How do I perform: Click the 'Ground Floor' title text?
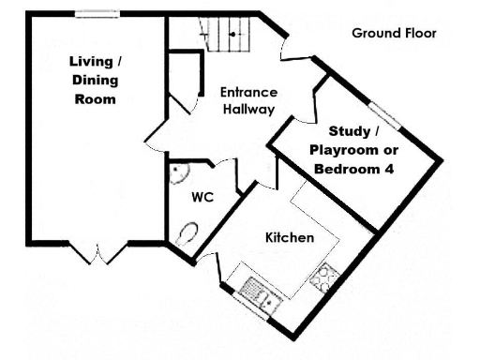(394, 33)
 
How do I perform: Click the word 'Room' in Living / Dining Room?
(95, 98)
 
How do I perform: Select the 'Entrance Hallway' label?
(247, 100)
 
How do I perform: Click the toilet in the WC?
(186, 234)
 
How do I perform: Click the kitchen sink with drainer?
(259, 293)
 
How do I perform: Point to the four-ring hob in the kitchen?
(325, 276)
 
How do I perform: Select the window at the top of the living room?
(97, 14)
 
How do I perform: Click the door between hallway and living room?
(155, 130)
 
